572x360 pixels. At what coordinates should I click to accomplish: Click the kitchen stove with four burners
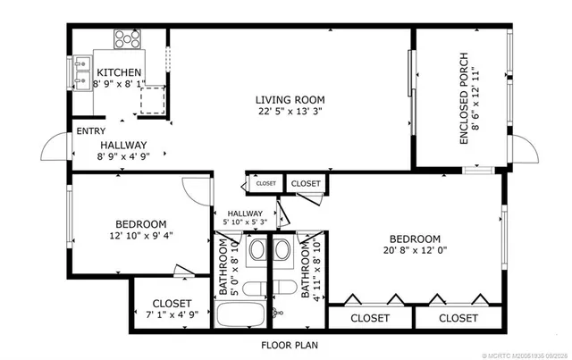tap(127, 39)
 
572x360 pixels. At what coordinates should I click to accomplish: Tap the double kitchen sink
tap(81, 73)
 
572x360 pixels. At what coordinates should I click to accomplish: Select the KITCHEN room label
tap(119, 72)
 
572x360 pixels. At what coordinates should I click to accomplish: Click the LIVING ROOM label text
tap(290, 99)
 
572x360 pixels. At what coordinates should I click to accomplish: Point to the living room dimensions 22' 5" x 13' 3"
tap(290, 112)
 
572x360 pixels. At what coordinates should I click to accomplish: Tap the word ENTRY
tap(91, 131)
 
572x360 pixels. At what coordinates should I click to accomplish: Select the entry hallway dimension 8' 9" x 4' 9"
tap(123, 156)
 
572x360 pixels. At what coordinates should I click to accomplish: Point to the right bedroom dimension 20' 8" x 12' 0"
tap(415, 251)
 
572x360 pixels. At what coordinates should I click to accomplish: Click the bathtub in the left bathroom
tap(240, 315)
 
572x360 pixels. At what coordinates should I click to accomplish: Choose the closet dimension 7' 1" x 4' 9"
tap(172, 314)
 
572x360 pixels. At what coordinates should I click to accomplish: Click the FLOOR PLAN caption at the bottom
tap(289, 345)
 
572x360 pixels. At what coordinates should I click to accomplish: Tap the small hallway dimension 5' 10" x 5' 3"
tap(245, 222)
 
